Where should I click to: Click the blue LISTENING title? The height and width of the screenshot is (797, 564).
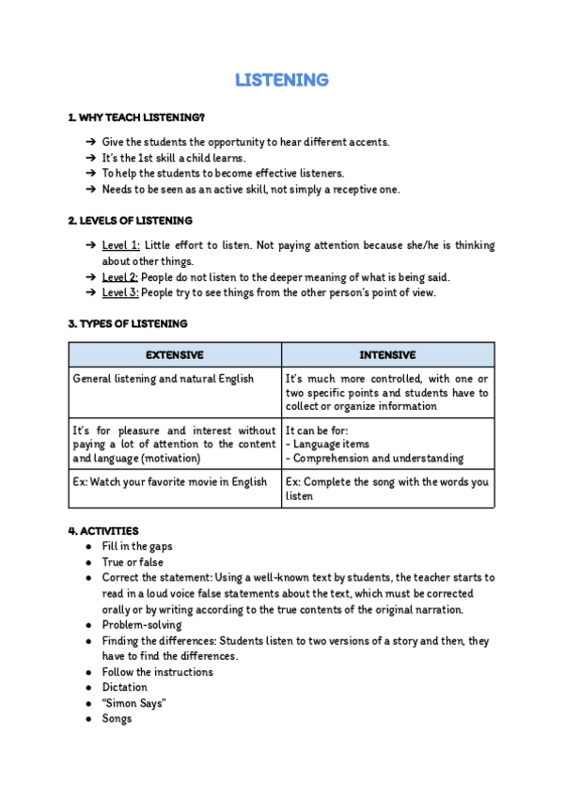tap(281, 80)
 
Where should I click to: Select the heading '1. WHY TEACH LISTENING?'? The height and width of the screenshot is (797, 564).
tap(136, 117)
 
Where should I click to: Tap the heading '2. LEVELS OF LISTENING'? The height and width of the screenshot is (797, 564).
tap(130, 221)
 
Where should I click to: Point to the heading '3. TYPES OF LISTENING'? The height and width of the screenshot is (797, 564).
tap(127, 323)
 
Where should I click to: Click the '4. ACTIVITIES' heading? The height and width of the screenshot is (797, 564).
tap(103, 531)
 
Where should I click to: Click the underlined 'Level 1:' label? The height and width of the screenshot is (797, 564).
tap(120, 245)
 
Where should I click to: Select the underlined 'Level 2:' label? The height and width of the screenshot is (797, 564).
tap(120, 277)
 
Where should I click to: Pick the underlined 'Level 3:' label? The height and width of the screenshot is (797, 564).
tap(120, 292)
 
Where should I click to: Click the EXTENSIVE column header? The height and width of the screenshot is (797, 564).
tap(174, 355)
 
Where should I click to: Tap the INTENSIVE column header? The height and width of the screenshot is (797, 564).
tap(387, 355)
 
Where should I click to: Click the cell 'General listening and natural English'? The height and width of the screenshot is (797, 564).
tap(164, 379)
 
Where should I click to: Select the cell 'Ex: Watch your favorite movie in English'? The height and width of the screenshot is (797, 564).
tap(170, 482)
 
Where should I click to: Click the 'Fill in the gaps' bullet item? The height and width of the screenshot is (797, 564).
tap(137, 546)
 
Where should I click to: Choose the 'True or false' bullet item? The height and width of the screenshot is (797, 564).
tap(133, 562)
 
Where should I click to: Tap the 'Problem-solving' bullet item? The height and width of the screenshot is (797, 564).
tap(142, 625)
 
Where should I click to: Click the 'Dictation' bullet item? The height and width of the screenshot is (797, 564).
tap(125, 687)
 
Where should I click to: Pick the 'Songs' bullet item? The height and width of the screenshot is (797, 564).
tap(117, 719)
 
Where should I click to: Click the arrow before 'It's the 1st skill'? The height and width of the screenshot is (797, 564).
tap(90, 158)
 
